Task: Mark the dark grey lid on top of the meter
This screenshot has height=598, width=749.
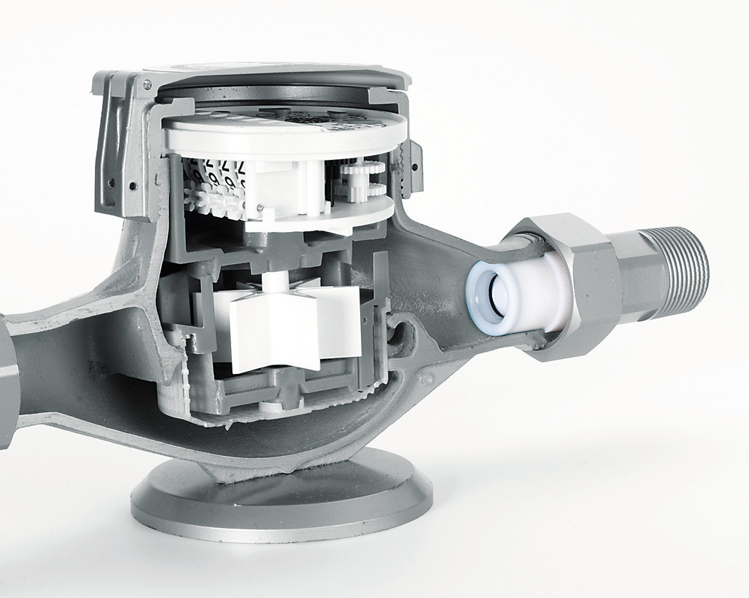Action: point(285,78)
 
